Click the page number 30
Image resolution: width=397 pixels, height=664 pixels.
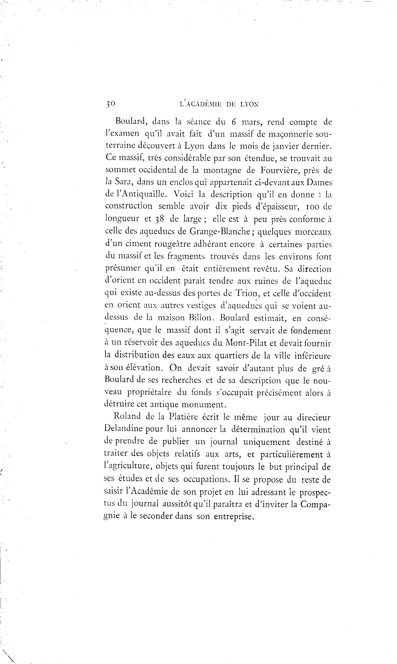110,104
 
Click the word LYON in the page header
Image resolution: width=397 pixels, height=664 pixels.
249,104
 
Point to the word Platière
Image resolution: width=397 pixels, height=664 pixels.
184,417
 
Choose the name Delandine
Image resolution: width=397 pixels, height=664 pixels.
123,429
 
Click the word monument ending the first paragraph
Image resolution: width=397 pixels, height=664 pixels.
203,404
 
